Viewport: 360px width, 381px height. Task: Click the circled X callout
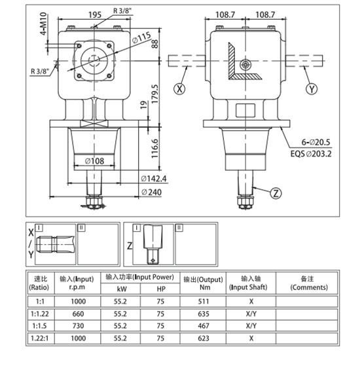[179, 88]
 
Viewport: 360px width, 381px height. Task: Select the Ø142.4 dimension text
[154, 179]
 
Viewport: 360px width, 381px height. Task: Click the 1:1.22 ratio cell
[39, 314]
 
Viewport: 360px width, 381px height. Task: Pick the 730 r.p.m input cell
[77, 325]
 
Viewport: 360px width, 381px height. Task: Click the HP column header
[160, 289]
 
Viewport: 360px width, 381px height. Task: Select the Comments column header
[308, 283]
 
